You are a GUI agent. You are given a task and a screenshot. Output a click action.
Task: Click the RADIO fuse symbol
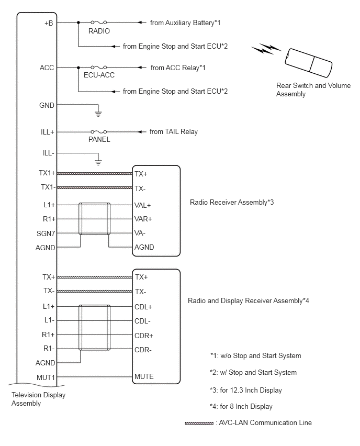[99, 22]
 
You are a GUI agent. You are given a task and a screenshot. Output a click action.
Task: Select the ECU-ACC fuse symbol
[99, 68]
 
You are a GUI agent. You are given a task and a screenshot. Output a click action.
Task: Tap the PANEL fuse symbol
[99, 132]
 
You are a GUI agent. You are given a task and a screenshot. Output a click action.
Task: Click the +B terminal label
[49, 23]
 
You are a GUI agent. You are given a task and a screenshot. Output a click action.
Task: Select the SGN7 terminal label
[46, 233]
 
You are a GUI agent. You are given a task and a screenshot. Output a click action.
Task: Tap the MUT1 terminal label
[46, 377]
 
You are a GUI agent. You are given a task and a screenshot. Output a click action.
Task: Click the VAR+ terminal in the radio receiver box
[143, 219]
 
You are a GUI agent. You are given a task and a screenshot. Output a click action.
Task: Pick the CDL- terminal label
[142, 321]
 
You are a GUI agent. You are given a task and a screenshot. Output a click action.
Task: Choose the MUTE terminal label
[144, 376]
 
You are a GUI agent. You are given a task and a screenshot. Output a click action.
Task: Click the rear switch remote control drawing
[309, 63]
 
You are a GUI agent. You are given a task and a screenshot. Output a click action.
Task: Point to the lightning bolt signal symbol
[266, 49]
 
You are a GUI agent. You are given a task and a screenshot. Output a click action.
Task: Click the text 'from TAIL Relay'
[174, 132]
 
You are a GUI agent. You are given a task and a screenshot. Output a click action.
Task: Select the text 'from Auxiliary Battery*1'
[185, 23]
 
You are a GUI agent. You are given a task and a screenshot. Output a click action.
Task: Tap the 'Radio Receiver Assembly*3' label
[232, 202]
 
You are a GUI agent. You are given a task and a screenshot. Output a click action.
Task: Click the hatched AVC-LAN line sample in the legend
[199, 423]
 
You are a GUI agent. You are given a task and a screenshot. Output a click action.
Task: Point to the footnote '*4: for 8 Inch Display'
[241, 406]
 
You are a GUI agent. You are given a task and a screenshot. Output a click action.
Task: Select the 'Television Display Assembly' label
[38, 399]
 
